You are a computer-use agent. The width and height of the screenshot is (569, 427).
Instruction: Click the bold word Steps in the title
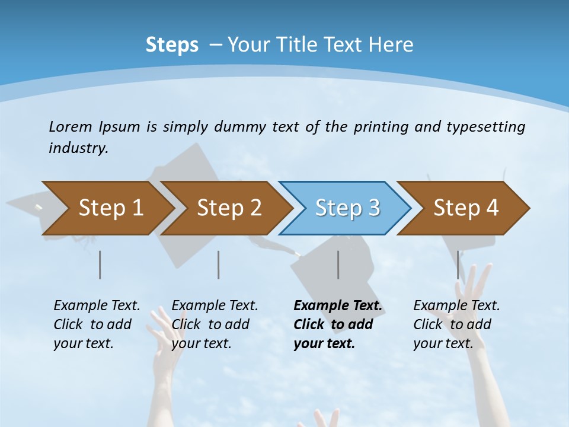[x=172, y=45]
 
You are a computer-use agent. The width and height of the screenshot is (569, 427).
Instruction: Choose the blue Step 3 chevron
[x=347, y=208]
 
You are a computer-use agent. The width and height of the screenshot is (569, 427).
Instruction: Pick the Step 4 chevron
[x=466, y=208]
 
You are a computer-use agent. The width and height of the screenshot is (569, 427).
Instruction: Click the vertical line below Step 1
[x=100, y=265]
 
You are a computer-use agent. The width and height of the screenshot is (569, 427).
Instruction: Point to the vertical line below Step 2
[x=219, y=265]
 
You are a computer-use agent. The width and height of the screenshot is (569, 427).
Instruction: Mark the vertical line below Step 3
[x=338, y=265]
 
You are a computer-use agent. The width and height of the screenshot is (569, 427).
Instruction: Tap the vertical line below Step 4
[x=458, y=265]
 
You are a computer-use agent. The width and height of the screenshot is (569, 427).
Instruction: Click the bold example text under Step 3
[x=337, y=324]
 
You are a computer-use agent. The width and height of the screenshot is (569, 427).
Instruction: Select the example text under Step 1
[x=97, y=324]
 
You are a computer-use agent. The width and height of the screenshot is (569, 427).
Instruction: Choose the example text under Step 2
[x=215, y=324]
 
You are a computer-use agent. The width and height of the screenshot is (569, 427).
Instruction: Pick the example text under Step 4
[x=456, y=324]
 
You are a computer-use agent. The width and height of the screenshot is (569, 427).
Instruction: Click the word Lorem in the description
[x=71, y=126]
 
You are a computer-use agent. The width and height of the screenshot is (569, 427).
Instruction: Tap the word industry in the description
[x=78, y=148]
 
